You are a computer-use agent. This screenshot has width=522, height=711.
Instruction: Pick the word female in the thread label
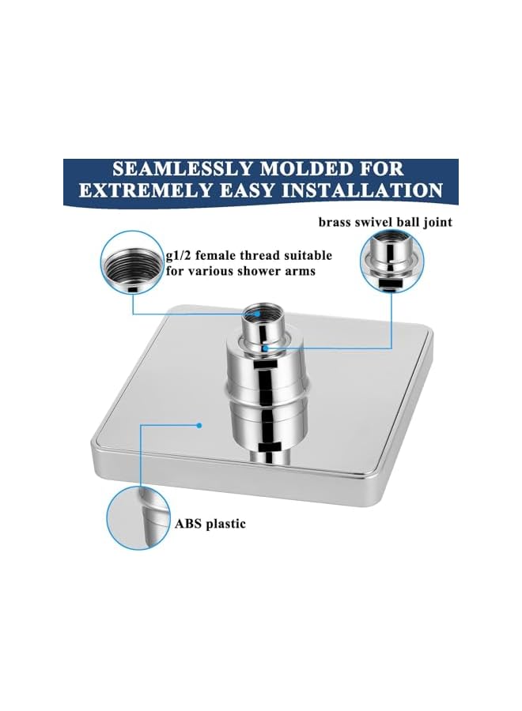point(221,256)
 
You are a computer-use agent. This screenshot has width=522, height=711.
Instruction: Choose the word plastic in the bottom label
point(226,523)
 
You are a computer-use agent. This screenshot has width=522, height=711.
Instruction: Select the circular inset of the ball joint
point(391,261)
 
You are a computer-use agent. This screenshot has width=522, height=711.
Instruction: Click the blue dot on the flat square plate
point(201,425)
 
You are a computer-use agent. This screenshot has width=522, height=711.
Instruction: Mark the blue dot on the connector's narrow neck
point(267,346)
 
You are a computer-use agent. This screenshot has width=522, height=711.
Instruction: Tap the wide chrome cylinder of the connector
point(264,403)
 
